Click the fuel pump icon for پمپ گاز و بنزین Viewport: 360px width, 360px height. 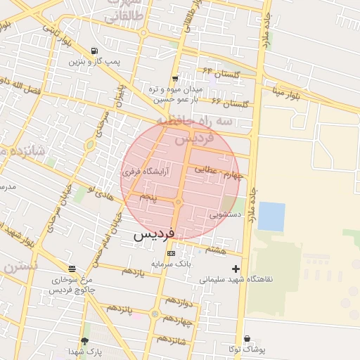click(x=94, y=51)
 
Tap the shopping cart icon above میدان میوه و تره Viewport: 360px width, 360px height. click(x=174, y=78)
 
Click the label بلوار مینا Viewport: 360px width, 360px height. click(x=288, y=93)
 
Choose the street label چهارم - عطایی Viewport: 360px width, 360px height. click(x=219, y=172)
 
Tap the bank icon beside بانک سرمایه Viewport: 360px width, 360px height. click(x=171, y=253)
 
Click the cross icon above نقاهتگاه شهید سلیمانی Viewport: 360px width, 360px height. click(x=236, y=268)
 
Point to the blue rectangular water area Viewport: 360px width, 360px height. click(x=271, y=216)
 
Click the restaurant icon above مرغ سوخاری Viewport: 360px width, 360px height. click(x=72, y=269)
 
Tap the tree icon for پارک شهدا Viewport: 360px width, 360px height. click(x=85, y=341)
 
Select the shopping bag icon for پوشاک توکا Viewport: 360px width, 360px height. click(x=246, y=338)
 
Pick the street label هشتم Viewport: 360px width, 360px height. click(x=216, y=249)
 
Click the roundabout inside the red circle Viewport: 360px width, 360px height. click(x=179, y=202)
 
